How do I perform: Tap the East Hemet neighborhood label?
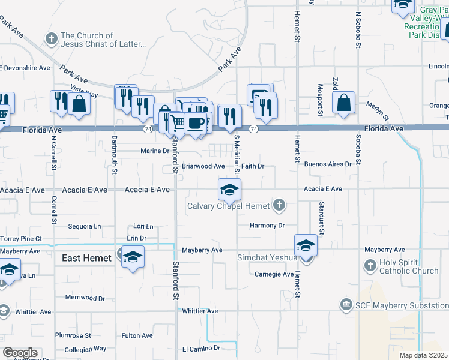pos(87,258)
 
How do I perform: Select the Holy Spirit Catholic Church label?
pos(409,267)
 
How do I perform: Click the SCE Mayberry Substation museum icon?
pos(345,305)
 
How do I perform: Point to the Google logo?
pos(20,352)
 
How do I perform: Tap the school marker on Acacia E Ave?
pos(229,191)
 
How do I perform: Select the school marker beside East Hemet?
pos(133,257)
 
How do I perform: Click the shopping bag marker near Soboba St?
pos(343,103)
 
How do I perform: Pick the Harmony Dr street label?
pos(267,226)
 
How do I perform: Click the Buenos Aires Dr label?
pos(327,164)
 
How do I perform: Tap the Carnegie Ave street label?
pos(274,274)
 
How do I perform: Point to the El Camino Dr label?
pos(201,348)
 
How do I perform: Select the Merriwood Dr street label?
pos(85,298)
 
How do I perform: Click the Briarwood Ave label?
pos(203,166)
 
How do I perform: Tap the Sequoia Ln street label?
pos(84,226)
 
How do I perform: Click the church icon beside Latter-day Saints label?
pos(52,40)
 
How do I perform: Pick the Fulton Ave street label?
pos(137,336)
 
